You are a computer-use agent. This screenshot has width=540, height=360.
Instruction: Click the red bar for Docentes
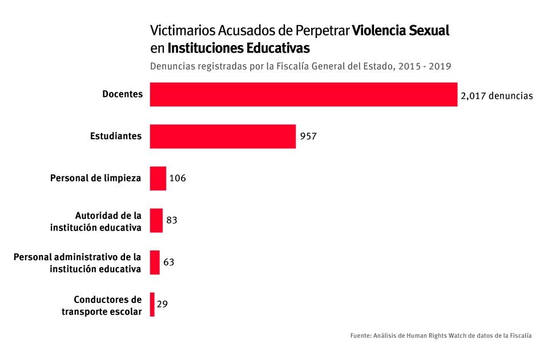coord(303,95)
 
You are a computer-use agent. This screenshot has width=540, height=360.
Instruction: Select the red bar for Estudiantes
coord(223,136)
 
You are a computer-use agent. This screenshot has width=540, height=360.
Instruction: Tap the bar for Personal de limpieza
coord(158,178)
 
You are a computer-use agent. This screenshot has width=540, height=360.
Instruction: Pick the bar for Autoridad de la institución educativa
coord(156,220)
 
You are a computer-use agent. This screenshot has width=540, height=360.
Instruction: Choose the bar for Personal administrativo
coord(155,262)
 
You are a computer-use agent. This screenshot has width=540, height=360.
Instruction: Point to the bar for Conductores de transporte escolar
coord(152,304)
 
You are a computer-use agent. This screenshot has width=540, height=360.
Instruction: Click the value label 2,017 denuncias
coord(496,96)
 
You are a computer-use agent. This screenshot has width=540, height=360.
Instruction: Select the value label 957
coord(308,137)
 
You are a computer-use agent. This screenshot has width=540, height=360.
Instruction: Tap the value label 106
coord(178,179)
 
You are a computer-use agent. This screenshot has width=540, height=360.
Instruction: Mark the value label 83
coord(172,220)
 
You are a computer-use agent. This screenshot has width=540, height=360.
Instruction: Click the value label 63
coord(168,262)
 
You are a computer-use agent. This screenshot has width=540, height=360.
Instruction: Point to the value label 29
coord(162,304)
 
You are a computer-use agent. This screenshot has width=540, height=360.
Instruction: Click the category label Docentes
coord(122,94)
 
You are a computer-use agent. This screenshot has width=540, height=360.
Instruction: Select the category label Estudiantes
coord(116,136)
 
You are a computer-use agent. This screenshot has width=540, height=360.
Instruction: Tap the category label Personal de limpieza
coord(95,178)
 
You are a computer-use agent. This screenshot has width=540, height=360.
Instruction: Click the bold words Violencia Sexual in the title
coord(401,30)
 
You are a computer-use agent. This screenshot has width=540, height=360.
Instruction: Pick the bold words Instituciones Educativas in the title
coord(239,47)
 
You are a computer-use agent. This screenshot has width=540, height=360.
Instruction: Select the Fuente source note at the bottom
coord(441,336)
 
